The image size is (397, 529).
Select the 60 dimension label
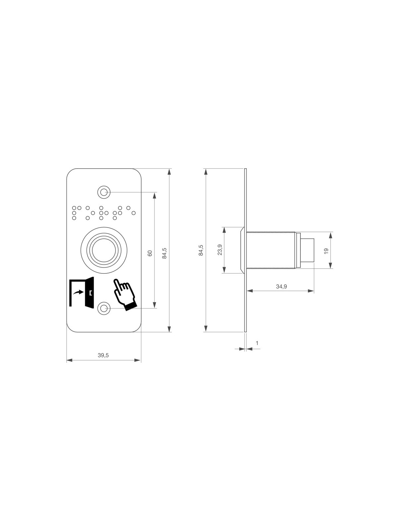(x=150, y=253)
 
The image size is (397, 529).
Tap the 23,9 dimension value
(x=220, y=250)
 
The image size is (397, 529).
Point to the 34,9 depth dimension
(x=281, y=286)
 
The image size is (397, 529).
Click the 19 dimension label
(x=327, y=251)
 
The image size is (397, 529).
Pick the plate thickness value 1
(x=257, y=343)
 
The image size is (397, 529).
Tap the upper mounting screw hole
(x=104, y=192)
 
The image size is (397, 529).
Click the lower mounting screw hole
(x=104, y=308)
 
